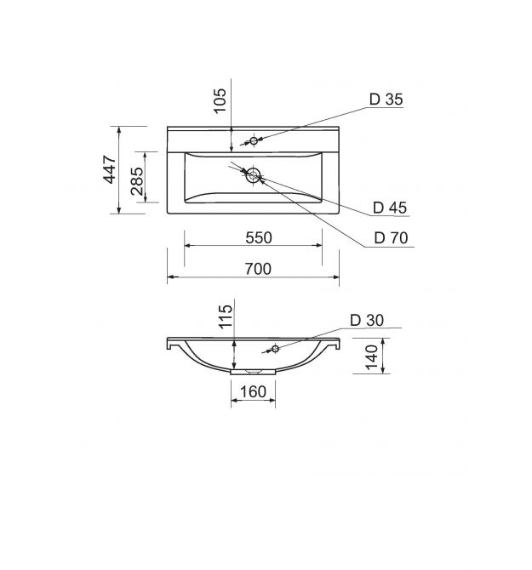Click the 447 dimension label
[110, 169]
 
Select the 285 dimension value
[137, 181]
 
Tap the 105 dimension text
[220, 100]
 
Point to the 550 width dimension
[259, 237]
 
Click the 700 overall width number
[258, 269]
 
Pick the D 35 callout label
[386, 100]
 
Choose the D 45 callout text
[390, 208]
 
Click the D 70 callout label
[391, 237]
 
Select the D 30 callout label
[367, 320]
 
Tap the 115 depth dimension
[226, 316]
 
